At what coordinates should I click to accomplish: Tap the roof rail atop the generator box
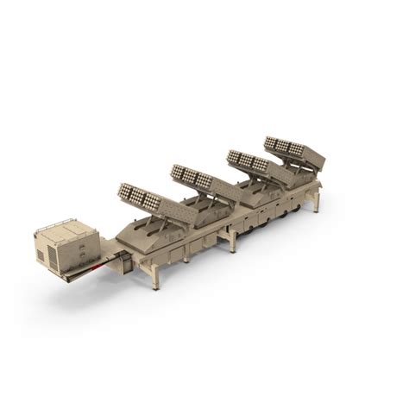click(65, 225)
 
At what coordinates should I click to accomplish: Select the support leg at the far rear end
click(317, 202)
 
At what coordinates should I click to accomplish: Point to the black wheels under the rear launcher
click(296, 208)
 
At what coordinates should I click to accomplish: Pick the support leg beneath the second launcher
click(186, 254)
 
